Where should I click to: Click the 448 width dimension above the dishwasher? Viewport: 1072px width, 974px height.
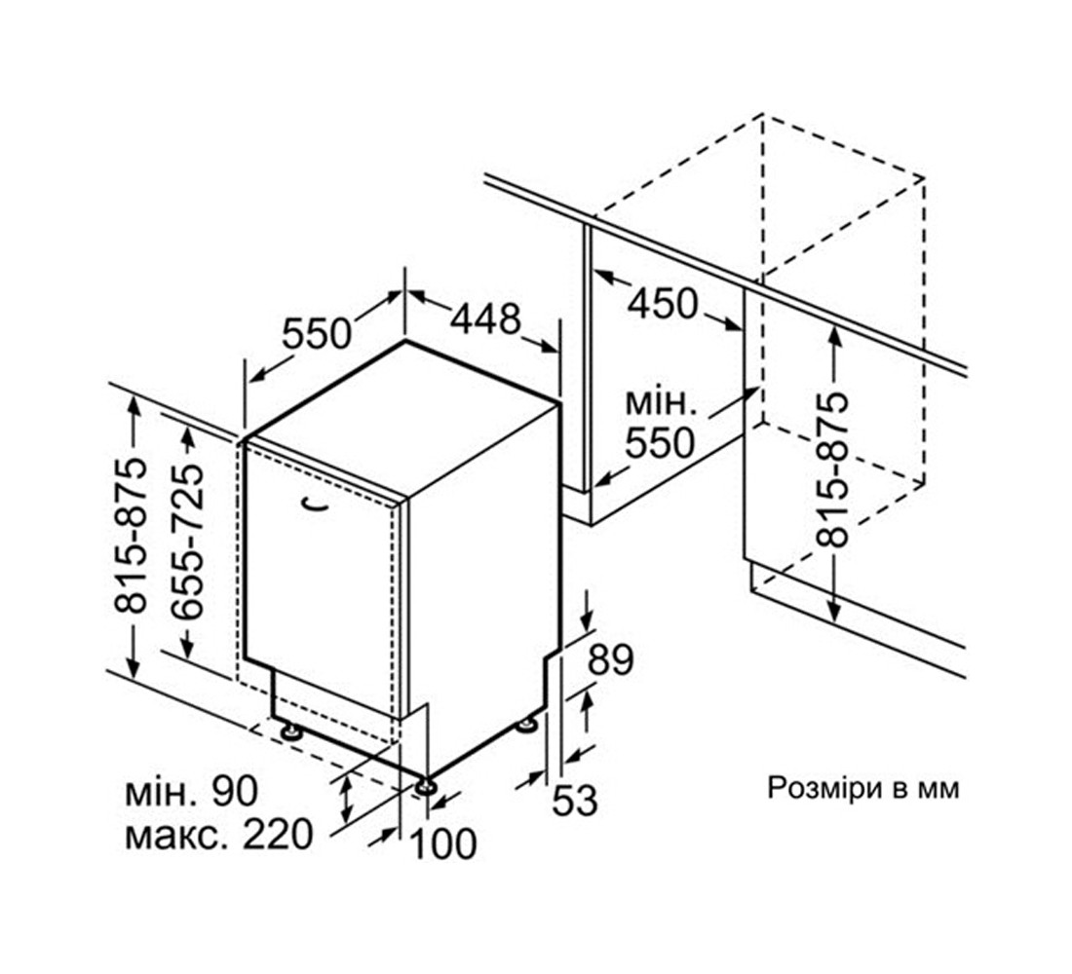484,318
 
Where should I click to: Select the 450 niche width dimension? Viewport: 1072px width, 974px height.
663,304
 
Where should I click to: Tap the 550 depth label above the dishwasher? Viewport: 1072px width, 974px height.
317,334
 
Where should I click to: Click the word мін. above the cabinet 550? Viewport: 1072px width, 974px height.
661,403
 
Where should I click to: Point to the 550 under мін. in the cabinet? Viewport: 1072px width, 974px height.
660,443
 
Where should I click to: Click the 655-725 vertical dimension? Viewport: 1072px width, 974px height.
187,542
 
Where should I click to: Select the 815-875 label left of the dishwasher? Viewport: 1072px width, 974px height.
131,535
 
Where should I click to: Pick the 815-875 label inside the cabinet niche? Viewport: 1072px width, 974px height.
832,469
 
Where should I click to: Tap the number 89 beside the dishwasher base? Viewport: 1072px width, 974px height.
610,659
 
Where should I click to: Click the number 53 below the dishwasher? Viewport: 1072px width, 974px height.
574,800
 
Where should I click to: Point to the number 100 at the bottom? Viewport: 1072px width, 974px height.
443,843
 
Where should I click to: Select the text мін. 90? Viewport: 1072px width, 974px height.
191,791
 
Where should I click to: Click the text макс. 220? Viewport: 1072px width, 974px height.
218,835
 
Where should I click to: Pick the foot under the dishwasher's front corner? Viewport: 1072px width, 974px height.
425,786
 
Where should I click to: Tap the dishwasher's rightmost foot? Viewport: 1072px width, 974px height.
527,724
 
